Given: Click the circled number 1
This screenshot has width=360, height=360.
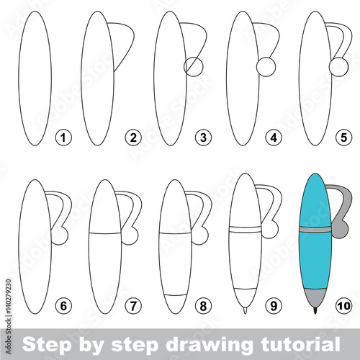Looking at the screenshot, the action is coord(63,138).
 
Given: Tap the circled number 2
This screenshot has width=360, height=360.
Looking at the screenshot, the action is coord(133,138).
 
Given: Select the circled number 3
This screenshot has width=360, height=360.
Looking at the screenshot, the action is coord(203,138).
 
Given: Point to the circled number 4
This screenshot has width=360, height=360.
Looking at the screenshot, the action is coord(274,138).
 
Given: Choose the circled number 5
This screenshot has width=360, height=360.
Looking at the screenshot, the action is coord(344,138).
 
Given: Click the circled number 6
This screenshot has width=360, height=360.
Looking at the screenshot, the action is coord(63,306).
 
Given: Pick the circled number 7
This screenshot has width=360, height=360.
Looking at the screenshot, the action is coord(133,306).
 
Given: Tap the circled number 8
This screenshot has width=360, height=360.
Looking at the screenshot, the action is coord(203,306).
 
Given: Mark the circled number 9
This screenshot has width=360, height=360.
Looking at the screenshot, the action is coord(274,306).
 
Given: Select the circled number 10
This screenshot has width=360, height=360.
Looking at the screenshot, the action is coord(344,306).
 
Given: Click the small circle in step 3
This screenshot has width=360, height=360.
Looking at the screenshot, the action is coord(194,67).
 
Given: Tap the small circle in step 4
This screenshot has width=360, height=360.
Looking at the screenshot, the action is coord(266,67).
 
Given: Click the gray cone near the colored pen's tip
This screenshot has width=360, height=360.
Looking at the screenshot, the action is coord(315,297).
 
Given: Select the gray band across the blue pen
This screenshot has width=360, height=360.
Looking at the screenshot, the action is coord(315,230).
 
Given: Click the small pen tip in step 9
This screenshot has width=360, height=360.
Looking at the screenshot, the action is coord(245,310).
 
